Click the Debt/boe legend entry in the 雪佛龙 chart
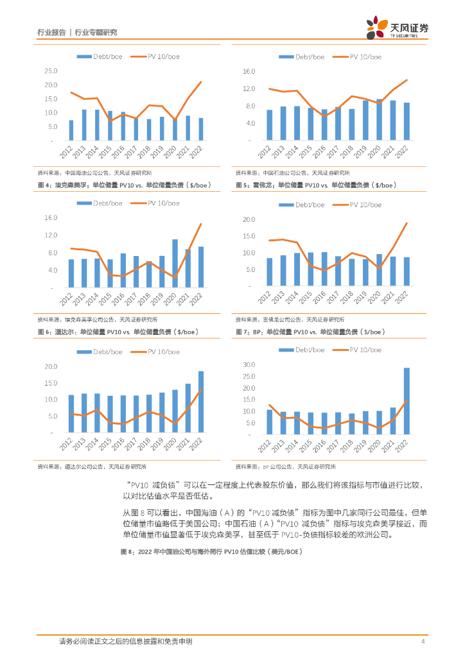point(302,205)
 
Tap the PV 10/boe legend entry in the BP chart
point(358,350)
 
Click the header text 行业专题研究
point(96,32)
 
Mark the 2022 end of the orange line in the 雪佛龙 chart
point(407,223)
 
